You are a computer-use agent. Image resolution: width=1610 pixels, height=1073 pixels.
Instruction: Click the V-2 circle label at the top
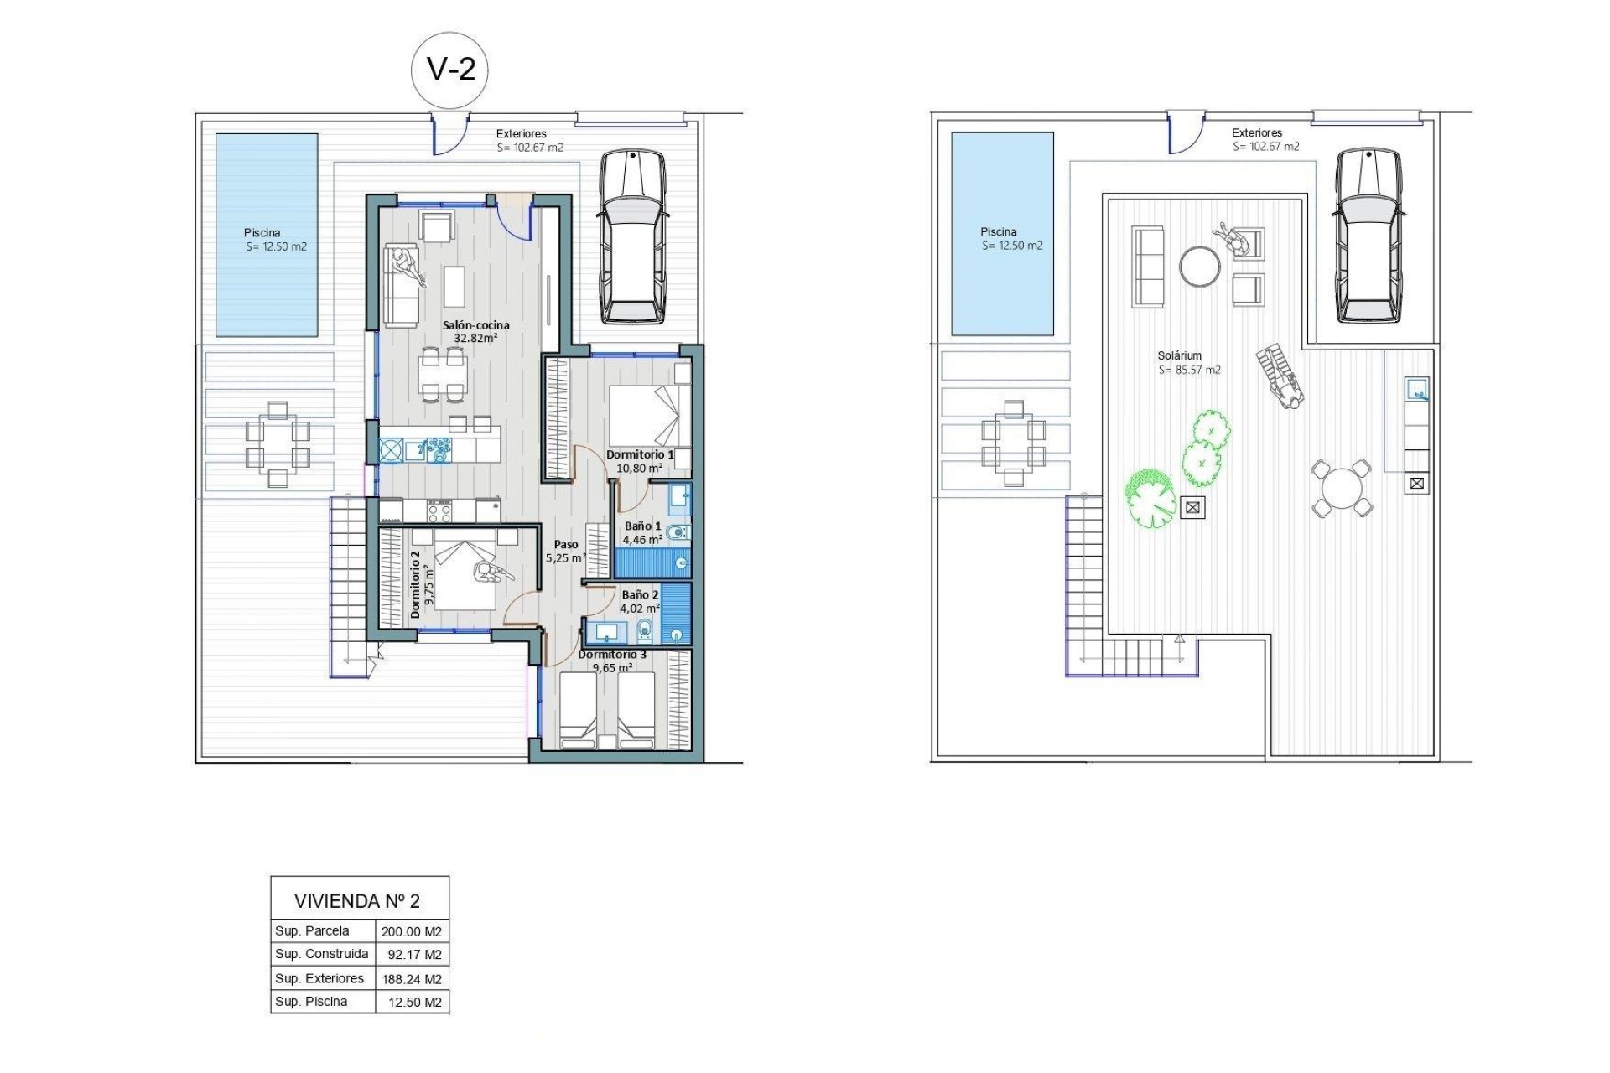(450, 69)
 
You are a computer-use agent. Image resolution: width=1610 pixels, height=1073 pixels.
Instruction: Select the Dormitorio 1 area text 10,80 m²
(639, 469)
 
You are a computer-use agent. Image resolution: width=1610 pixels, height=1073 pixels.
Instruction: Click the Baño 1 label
(642, 526)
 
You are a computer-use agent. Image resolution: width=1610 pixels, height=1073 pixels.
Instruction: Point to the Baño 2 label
(640, 595)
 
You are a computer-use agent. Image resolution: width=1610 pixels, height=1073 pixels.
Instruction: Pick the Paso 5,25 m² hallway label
(565, 551)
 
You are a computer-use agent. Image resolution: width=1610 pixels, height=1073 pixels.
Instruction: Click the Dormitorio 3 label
(612, 655)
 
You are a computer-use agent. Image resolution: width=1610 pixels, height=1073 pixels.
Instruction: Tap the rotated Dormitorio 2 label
(416, 584)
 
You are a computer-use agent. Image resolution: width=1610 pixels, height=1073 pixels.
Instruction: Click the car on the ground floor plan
(633, 236)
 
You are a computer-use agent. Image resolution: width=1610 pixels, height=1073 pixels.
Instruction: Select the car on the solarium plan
(1368, 235)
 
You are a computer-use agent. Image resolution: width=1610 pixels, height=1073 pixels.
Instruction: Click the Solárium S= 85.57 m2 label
(1188, 363)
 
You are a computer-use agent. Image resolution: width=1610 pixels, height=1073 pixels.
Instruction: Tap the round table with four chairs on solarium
(1341, 488)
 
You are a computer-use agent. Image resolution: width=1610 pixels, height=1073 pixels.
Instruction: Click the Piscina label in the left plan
(262, 233)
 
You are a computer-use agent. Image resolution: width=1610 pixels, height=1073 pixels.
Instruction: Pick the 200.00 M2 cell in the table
(411, 931)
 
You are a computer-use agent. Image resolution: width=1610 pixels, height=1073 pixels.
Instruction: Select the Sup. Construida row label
(321, 954)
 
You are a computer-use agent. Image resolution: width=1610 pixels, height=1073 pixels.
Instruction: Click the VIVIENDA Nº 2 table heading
(357, 901)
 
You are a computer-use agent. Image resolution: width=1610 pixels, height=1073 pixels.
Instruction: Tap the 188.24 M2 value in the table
(411, 979)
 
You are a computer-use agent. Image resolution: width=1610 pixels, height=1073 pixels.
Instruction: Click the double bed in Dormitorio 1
(648, 415)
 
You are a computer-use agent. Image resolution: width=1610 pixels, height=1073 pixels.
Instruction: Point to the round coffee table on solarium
(1199, 267)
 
